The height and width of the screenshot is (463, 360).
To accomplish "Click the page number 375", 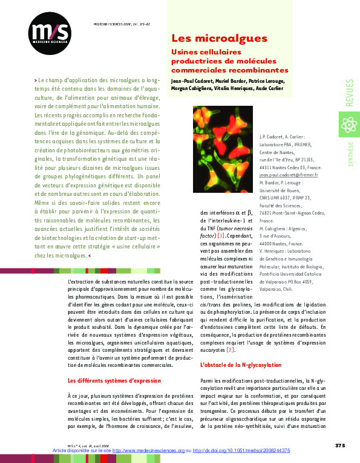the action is click(339, 445).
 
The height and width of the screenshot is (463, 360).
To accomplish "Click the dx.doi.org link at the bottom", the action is click(242, 451).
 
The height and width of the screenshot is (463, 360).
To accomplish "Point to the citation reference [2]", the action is click(230, 349).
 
